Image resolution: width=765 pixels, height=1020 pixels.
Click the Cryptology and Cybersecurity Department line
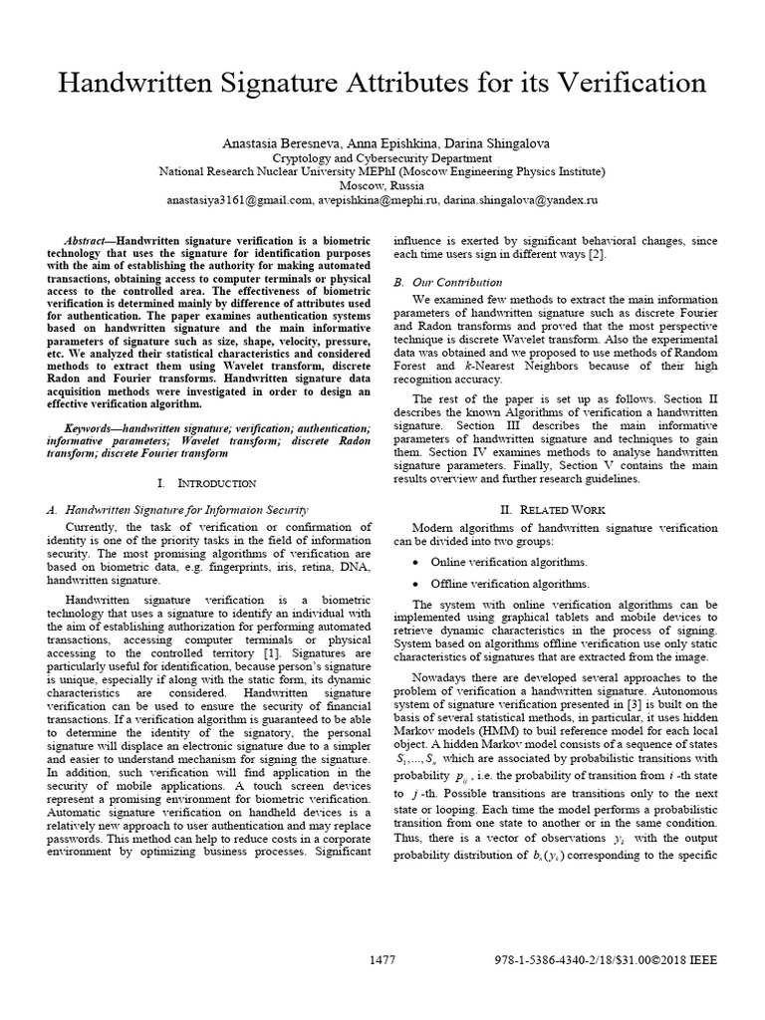pyautogui.click(x=382, y=158)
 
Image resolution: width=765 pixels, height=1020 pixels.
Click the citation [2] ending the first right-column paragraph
pyautogui.click(x=598, y=255)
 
